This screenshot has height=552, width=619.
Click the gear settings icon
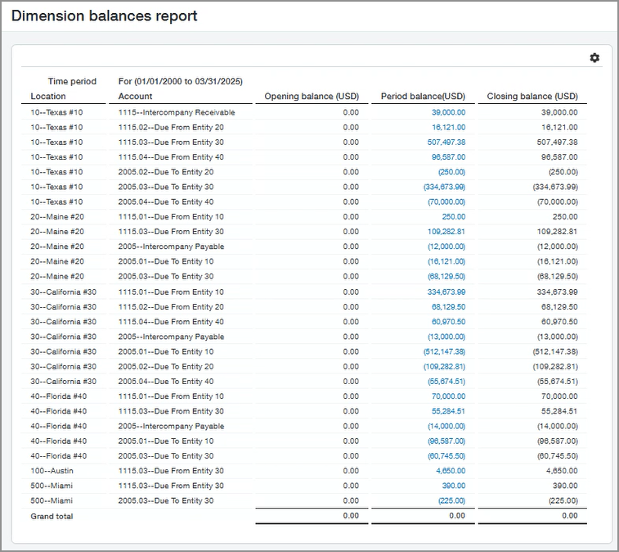coord(594,57)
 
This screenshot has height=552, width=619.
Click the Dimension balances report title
coord(104,16)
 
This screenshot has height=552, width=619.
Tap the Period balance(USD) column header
coord(423,97)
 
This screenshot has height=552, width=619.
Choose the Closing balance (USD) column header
coord(532,97)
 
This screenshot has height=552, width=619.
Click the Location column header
coord(48,97)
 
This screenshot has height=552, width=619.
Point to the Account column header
coord(136,97)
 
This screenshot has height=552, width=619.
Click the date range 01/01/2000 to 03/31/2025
coord(187,81)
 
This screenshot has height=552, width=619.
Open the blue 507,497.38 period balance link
coord(446,142)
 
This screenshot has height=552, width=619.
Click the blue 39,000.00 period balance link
coord(448,112)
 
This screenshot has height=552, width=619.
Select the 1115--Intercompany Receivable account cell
coord(177,112)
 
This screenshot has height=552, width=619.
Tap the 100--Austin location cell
coord(51,471)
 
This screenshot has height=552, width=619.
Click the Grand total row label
coord(52,516)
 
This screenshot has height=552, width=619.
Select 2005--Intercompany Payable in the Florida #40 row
coord(171,426)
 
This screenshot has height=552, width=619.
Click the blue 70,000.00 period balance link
coord(448,396)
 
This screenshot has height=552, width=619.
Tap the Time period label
coord(72,81)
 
